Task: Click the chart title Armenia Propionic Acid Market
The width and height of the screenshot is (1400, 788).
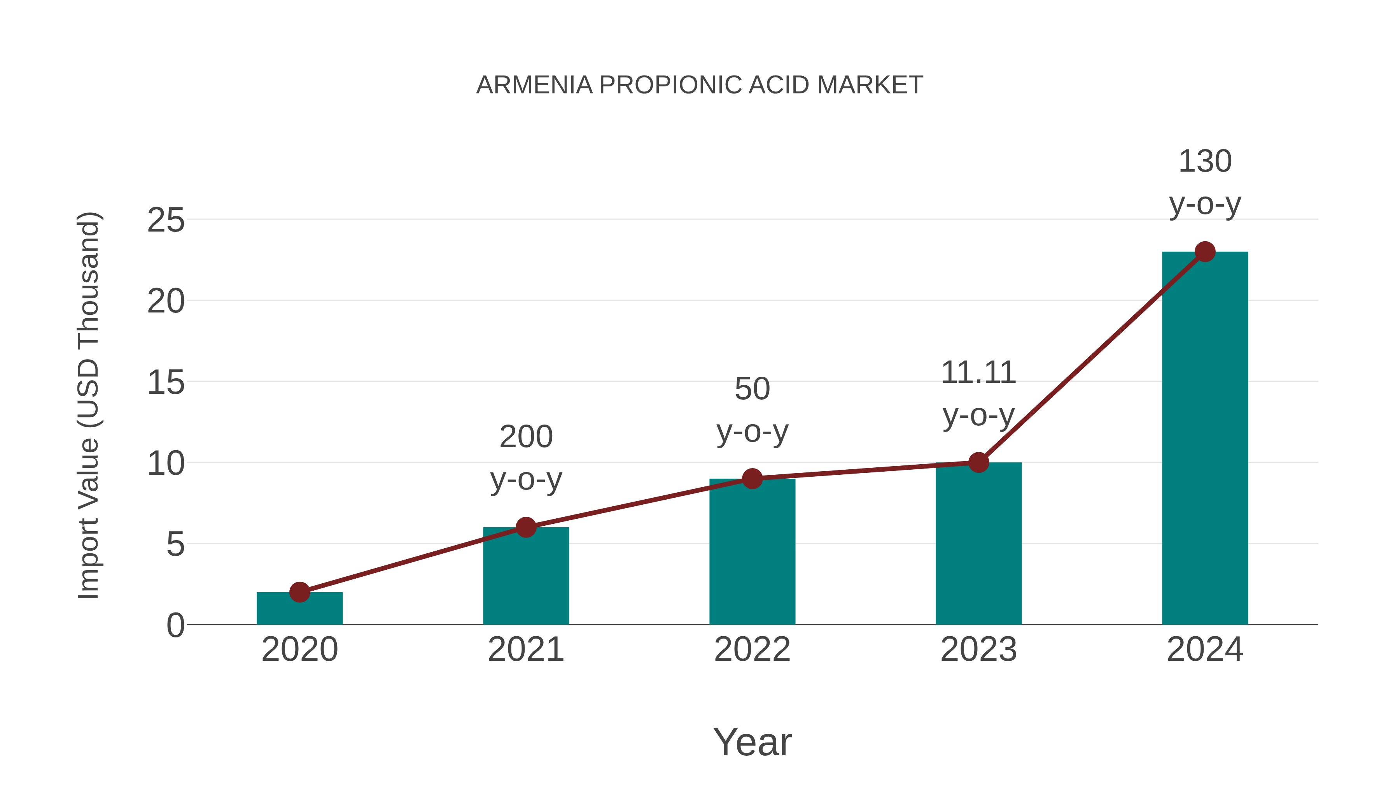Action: click(x=700, y=85)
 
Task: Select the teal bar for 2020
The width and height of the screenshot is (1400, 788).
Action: click(x=299, y=609)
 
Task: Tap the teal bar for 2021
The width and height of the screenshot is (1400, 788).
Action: click(x=525, y=576)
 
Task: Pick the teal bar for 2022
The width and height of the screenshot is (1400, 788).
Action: click(x=752, y=552)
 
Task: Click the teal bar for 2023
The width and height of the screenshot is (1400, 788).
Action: click(x=978, y=544)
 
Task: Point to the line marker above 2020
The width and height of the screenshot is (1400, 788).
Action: click(x=299, y=592)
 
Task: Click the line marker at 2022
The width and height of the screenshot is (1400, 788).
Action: click(x=752, y=479)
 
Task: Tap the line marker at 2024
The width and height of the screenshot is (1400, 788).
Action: click(x=1205, y=252)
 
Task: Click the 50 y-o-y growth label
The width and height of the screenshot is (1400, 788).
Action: click(x=752, y=410)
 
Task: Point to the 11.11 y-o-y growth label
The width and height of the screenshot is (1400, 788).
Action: click(x=978, y=394)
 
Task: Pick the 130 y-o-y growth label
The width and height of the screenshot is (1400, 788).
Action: click(x=1205, y=183)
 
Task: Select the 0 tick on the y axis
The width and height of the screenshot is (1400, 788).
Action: click(x=175, y=625)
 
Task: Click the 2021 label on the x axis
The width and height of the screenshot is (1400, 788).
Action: click(x=525, y=649)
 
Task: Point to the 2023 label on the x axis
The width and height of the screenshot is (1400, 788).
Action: click(x=978, y=649)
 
